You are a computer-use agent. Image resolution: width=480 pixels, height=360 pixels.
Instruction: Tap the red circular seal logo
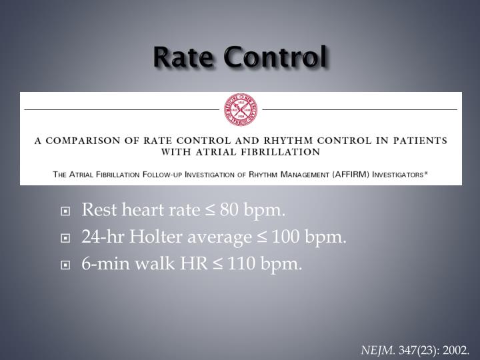click(241, 109)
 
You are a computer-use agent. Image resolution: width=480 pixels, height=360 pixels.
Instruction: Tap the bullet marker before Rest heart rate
click(65, 212)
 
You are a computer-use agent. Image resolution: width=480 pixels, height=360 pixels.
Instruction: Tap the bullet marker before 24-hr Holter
click(65, 239)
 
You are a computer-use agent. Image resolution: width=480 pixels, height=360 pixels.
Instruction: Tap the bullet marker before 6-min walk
click(65, 265)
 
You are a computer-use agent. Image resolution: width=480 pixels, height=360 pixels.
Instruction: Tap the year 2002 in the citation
click(455, 349)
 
